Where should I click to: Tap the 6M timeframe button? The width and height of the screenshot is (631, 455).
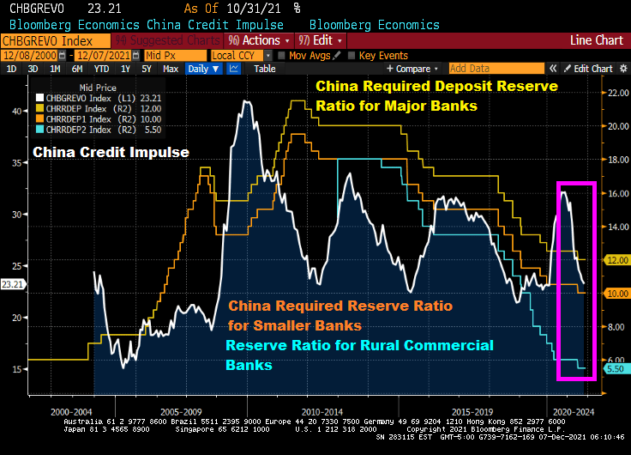coord(77,69)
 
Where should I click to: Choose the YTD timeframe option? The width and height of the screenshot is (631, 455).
coord(101,69)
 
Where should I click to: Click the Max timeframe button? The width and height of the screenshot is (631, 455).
coord(171,69)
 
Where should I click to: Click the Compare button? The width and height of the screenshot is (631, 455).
coord(411,69)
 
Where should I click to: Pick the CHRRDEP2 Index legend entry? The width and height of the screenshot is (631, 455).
coord(82,130)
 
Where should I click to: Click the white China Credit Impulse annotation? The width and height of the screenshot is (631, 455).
coord(111,153)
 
